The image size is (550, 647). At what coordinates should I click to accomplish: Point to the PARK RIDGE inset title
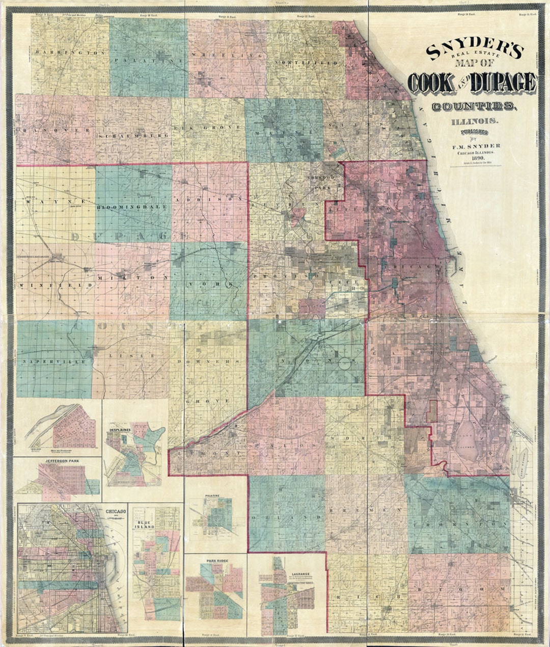[216, 561]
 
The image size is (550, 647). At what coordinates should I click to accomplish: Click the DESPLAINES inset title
[120, 430]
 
